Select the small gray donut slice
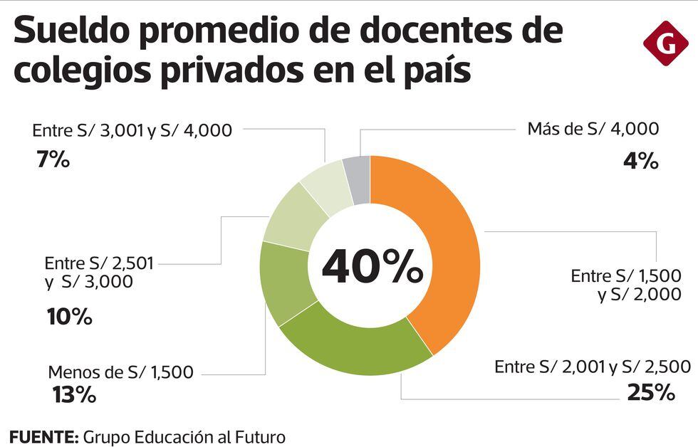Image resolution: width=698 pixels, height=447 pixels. (x=357, y=179)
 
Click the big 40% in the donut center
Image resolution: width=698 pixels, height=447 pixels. (x=372, y=266)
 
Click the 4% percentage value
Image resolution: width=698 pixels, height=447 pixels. (x=640, y=162)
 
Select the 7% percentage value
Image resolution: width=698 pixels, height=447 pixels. (x=53, y=160)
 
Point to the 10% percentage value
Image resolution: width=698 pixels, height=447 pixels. (x=69, y=316)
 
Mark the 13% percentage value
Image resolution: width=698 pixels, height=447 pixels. (x=73, y=394)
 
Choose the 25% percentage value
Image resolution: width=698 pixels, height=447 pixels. (x=650, y=392)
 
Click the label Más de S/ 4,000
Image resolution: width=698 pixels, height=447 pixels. (x=593, y=130)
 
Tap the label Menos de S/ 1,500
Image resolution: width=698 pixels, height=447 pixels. (x=120, y=372)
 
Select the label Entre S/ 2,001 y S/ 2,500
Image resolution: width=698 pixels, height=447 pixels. (x=593, y=367)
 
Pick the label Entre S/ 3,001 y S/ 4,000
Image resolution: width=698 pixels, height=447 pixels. (x=132, y=131)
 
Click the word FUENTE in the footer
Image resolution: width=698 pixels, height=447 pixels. (x=43, y=436)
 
